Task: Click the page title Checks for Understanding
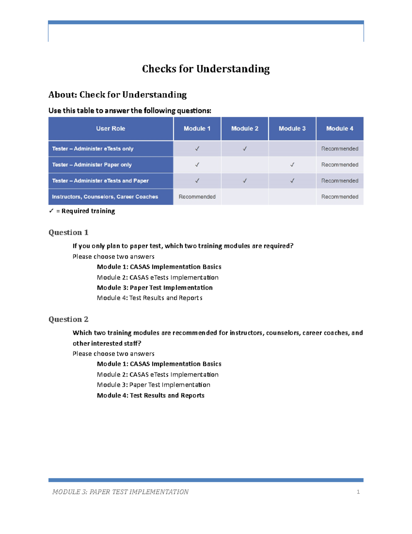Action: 206,69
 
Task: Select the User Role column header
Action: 111,129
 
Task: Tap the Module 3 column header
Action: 292,129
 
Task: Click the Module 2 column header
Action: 244,129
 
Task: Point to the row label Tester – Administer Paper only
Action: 92,165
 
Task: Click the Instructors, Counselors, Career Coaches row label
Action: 105,197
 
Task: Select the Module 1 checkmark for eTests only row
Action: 197,149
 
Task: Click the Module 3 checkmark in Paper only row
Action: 292,165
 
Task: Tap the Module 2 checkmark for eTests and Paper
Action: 244,181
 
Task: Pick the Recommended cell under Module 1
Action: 197,197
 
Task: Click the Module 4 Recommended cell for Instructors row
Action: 340,197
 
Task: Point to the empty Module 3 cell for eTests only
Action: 292,149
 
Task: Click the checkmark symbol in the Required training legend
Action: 51,211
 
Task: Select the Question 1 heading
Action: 68,232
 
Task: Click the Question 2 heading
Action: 68,319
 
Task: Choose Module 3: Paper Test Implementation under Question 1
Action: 154,287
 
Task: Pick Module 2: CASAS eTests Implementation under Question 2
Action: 158,374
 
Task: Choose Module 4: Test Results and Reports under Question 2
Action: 150,395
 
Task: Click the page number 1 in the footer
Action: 358,492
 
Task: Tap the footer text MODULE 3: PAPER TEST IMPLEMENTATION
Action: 120,492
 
